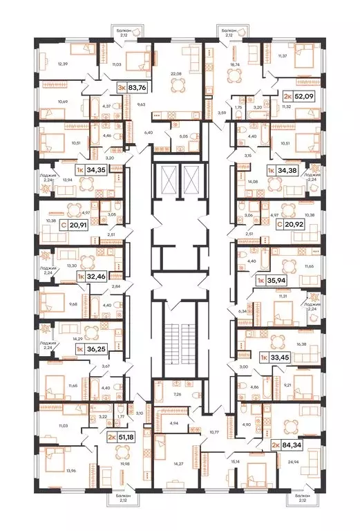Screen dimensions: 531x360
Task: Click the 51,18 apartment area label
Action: tap(125, 436)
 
